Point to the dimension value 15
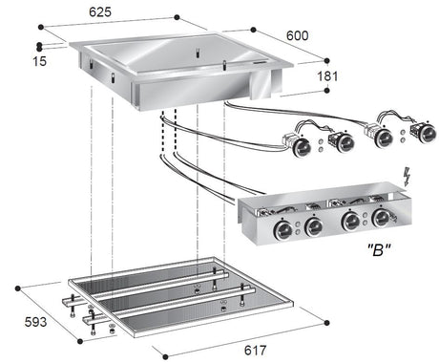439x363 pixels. pos(14,62)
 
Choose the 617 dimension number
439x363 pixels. pos(255,351)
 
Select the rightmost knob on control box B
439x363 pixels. pos(381,218)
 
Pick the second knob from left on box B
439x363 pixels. pos(314,225)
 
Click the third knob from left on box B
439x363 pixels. pos(351,221)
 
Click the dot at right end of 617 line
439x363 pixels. pos(324,322)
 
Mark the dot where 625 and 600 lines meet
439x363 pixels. pos(178,17)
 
